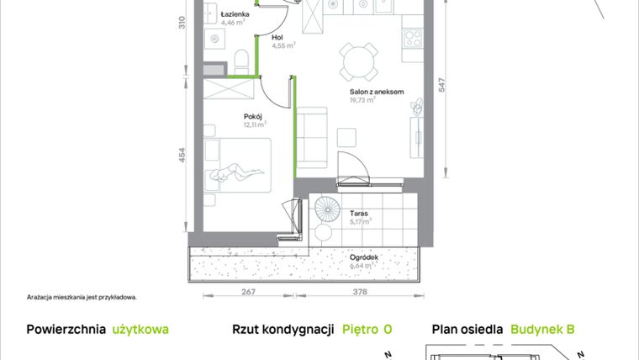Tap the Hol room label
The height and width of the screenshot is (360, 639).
click(277, 38)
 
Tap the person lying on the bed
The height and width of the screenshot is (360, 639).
click(235, 174)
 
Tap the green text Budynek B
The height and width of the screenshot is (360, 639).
click(542, 330)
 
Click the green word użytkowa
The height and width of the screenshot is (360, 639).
click(140, 330)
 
